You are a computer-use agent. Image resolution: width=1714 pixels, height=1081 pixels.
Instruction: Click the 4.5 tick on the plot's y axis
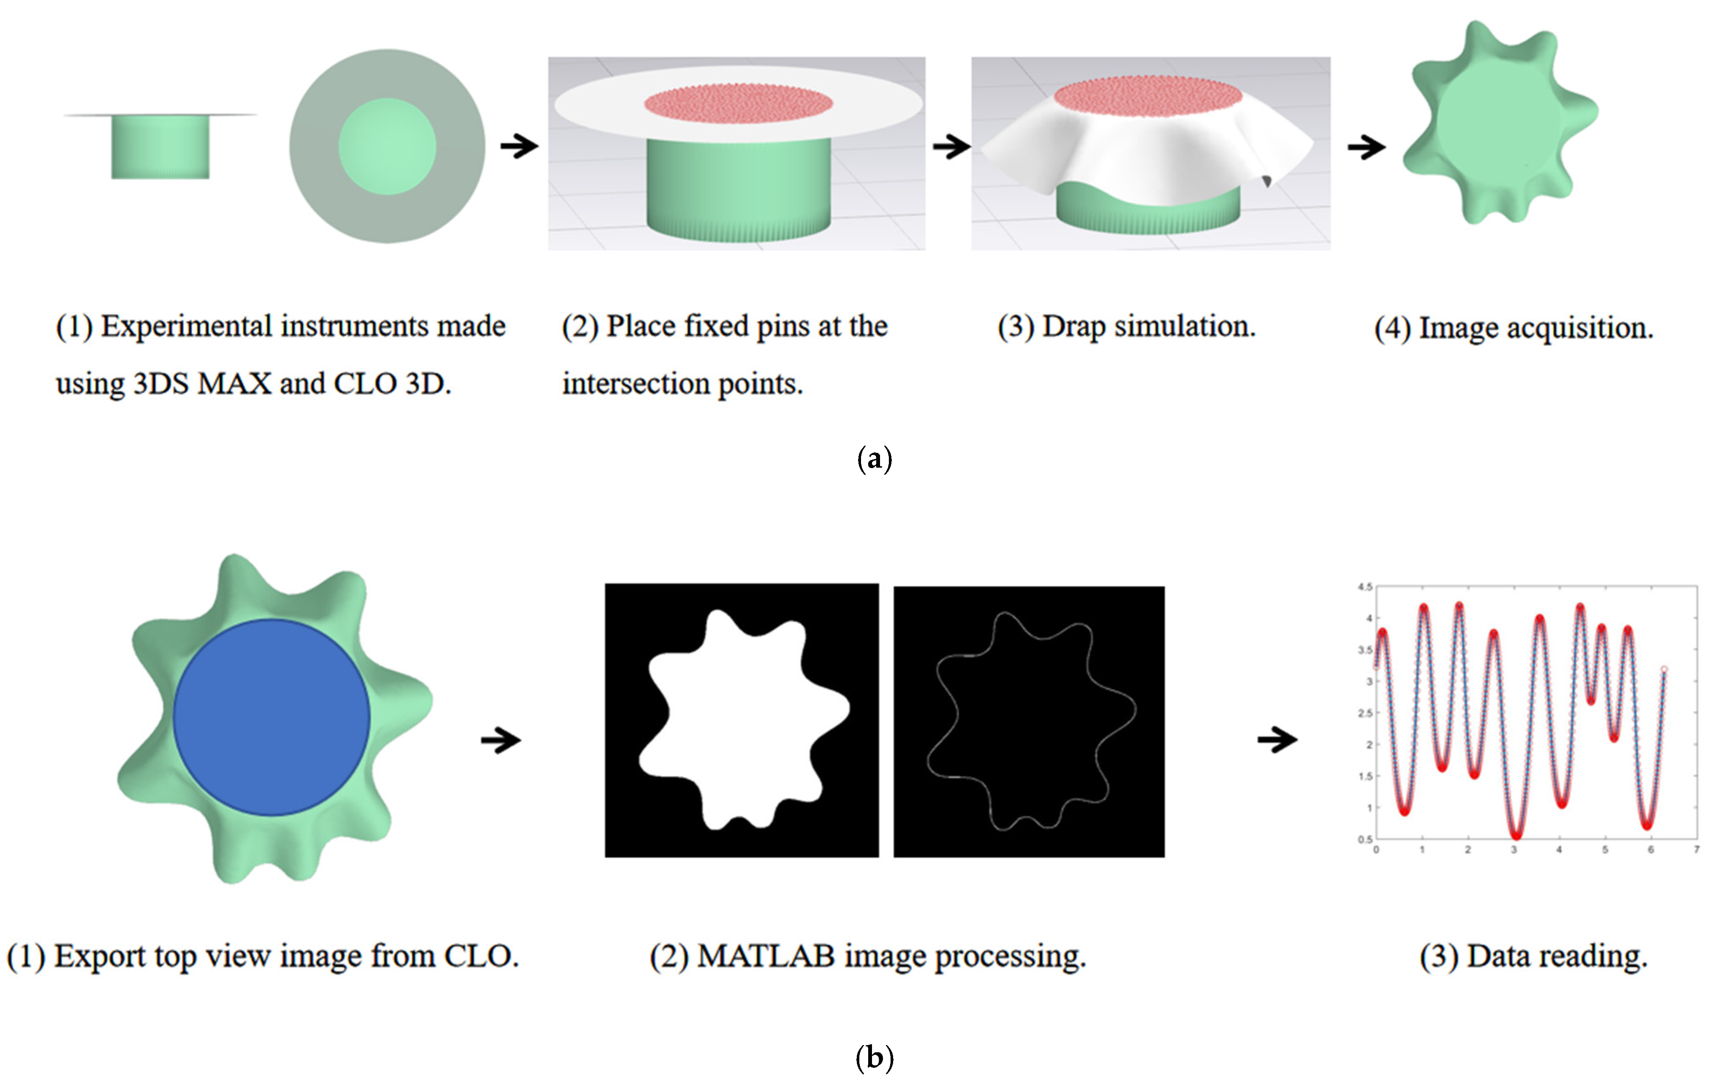(x=1364, y=587)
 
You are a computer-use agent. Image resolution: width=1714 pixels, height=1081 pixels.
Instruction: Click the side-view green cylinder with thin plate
(x=160, y=146)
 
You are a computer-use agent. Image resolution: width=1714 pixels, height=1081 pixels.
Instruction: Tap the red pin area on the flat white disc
(x=738, y=103)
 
